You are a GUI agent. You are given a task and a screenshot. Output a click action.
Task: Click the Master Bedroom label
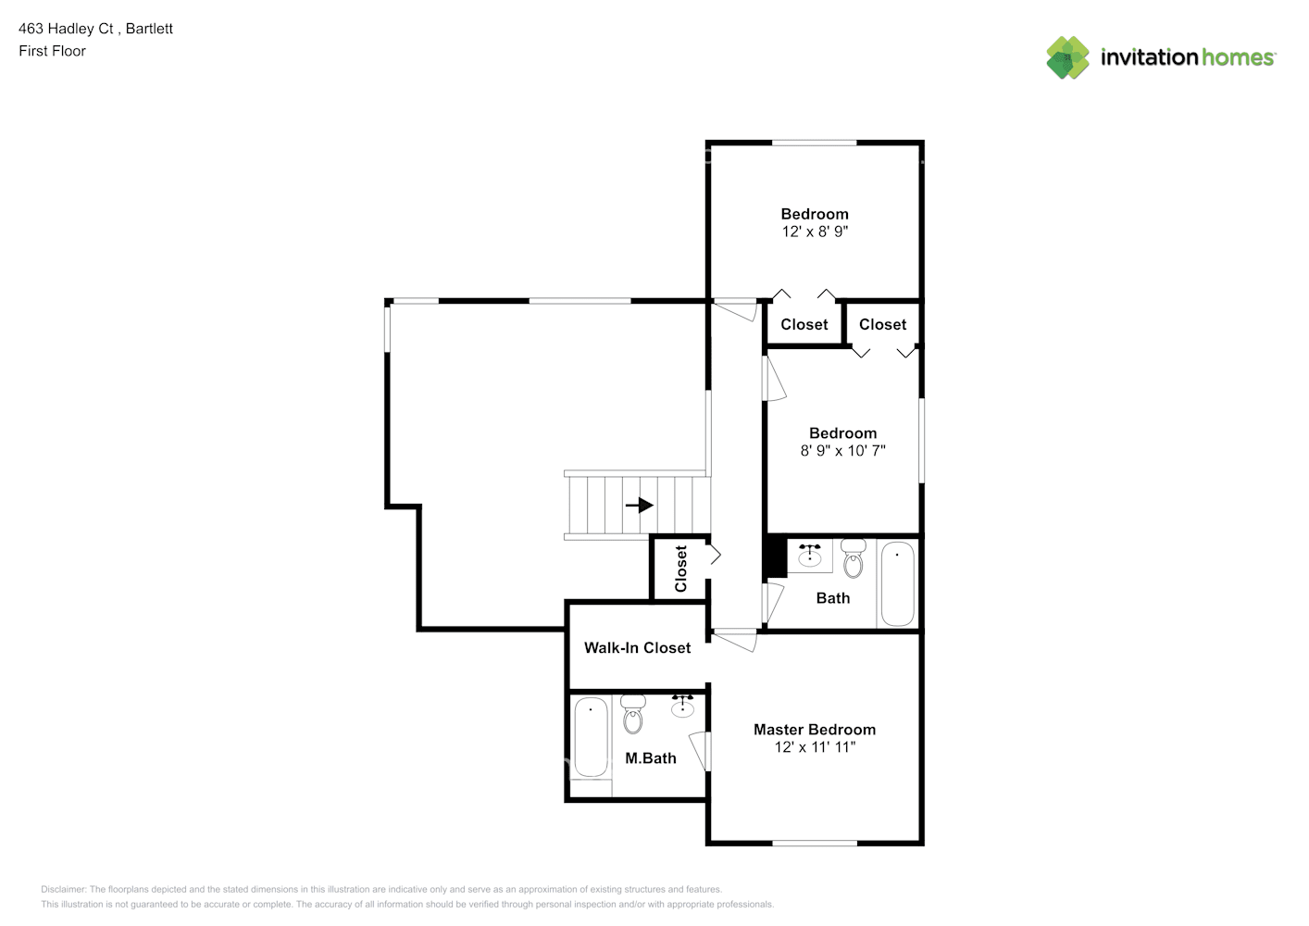click(814, 730)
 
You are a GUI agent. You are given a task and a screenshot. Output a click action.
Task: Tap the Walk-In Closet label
click(637, 647)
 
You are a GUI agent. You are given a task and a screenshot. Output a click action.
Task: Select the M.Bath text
click(651, 758)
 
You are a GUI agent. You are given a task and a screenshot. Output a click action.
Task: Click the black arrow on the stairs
click(640, 505)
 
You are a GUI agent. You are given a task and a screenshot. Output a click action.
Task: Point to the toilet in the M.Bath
click(633, 714)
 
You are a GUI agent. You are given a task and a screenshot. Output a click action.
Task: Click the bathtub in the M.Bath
click(591, 738)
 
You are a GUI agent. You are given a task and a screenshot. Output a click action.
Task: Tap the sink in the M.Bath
click(682, 707)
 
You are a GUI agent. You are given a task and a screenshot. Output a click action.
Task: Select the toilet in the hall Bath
click(854, 558)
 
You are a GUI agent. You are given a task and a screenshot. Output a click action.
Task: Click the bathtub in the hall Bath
click(897, 583)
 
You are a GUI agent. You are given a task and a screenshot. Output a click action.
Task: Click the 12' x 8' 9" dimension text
click(815, 231)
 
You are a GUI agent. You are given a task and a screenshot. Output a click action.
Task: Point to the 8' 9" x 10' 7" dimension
click(842, 451)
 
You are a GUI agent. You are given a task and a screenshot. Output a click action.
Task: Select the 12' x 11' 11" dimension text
click(815, 747)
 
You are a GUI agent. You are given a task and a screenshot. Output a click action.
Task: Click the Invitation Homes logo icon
click(1067, 57)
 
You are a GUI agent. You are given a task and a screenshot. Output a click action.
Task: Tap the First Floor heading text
click(52, 52)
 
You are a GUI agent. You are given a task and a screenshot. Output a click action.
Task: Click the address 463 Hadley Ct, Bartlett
click(96, 29)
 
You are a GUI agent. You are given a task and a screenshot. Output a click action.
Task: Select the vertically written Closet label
click(680, 569)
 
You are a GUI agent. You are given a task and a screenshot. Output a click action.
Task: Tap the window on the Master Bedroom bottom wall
click(815, 844)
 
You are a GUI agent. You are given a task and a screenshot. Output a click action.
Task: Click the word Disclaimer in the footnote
click(64, 889)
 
